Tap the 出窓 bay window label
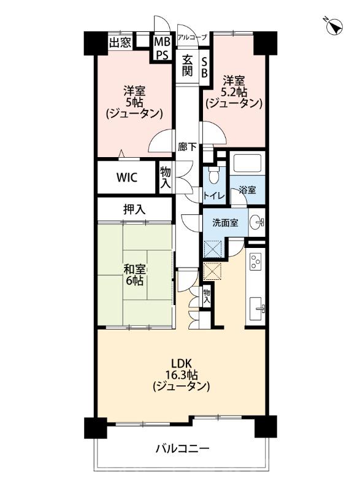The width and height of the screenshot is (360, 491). point(120,43)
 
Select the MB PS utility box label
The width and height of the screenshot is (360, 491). point(161,48)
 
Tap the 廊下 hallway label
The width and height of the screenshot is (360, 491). point(188,147)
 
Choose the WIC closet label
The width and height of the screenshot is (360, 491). point(128,177)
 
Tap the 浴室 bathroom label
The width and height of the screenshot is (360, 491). point(247,191)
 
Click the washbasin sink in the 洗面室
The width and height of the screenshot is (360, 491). point(258,222)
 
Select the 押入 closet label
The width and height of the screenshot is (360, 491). point(134,209)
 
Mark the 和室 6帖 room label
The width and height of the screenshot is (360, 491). point(134,274)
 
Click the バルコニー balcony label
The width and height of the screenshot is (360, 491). point(181,449)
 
